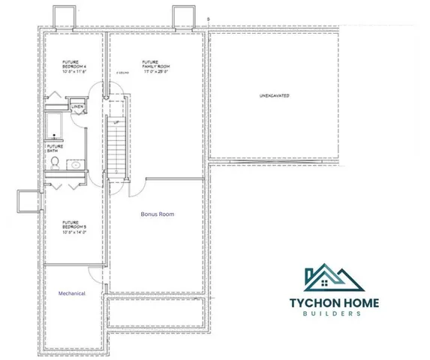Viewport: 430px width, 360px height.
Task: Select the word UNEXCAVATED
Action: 275,97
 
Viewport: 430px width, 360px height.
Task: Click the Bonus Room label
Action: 158,214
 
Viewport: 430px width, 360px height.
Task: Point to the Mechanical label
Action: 73,293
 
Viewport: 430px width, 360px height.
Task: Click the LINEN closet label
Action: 77,107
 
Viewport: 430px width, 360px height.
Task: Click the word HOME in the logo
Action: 360,303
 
